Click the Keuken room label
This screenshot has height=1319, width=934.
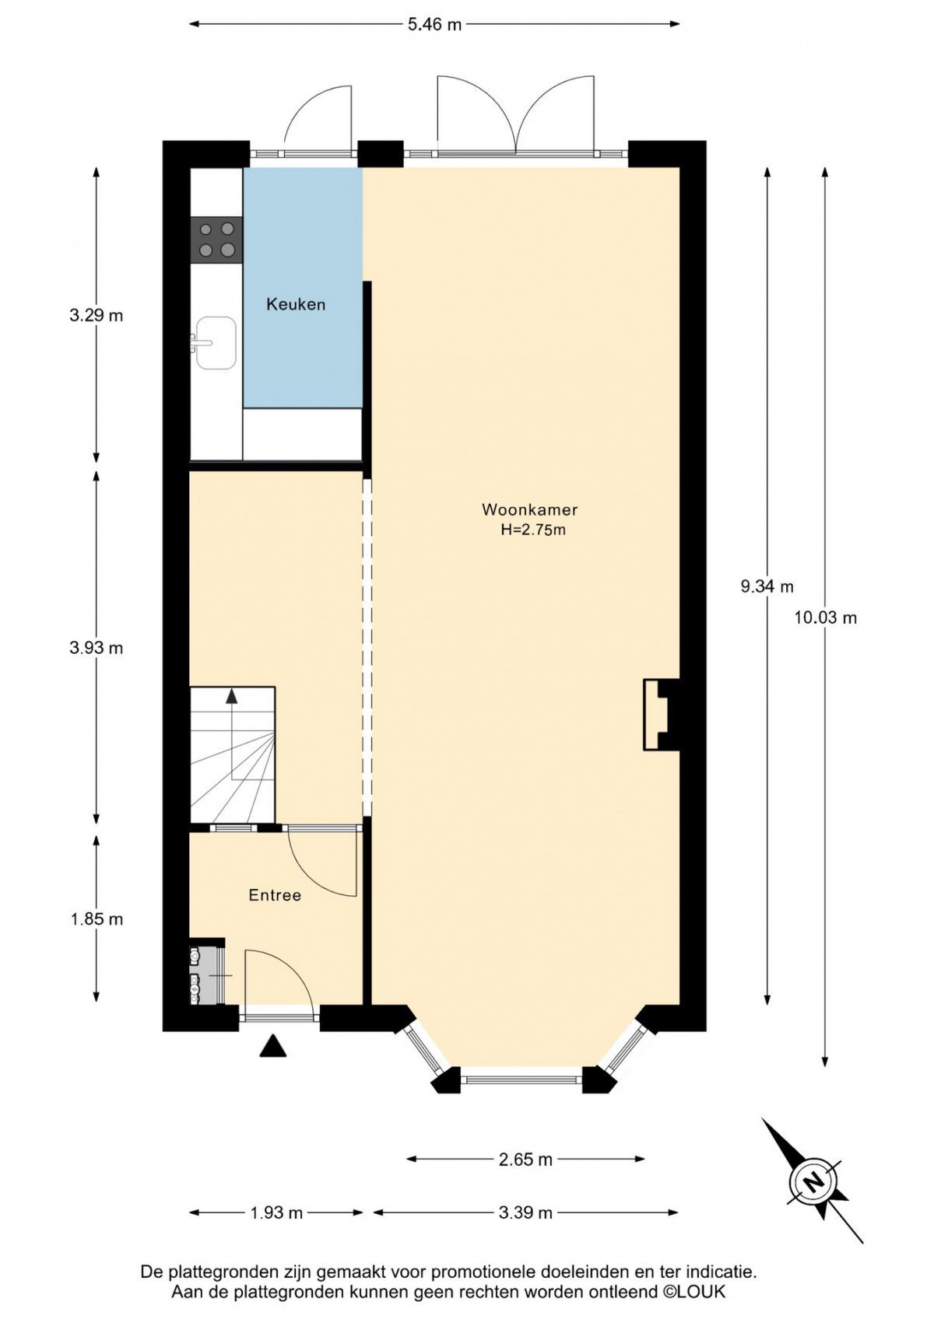[x=296, y=304]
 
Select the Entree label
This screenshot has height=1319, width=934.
[x=275, y=896]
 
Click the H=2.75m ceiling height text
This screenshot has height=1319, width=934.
[x=533, y=530]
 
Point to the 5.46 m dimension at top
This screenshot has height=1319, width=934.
[x=435, y=25]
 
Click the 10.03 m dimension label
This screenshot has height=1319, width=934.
[x=825, y=618]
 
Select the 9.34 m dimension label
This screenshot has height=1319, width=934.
[x=767, y=586]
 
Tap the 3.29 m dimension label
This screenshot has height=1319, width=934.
[x=96, y=316]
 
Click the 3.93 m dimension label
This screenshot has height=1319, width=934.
[x=96, y=649]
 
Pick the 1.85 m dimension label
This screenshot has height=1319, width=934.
[x=97, y=919]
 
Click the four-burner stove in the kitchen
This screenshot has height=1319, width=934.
[x=216, y=240]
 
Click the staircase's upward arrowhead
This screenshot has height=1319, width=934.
[x=232, y=696]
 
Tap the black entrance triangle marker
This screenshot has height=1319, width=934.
[x=273, y=1045]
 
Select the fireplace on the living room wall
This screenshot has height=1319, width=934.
[x=661, y=715]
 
